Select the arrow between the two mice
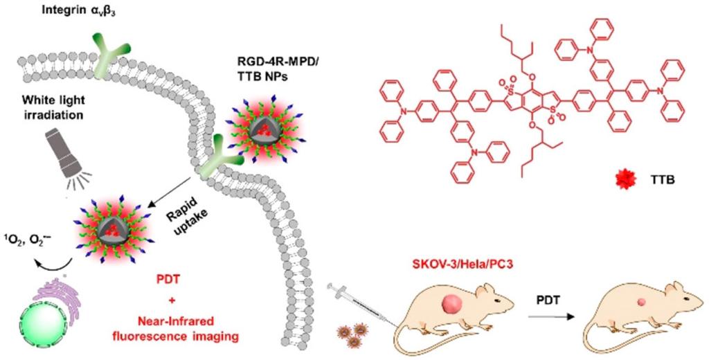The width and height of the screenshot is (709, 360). [x=553, y=317]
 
